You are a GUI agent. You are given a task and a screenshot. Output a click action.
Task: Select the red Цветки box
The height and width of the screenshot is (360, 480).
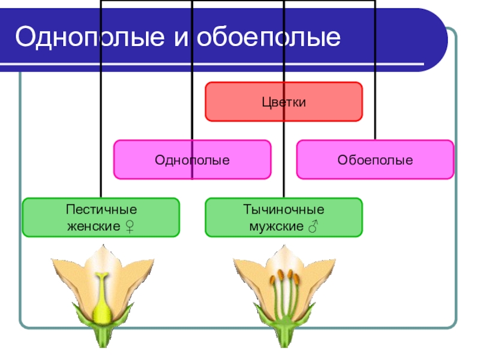[x=284, y=102]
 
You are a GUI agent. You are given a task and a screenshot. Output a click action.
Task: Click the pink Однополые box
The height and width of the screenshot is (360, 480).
[x=192, y=160]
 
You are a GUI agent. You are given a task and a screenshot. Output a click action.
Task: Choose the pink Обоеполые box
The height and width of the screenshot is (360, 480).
[x=375, y=160]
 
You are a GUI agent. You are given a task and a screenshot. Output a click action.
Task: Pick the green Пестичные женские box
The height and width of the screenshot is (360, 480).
[x=101, y=217]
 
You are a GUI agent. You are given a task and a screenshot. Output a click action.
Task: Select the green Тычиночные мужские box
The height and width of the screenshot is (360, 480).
[x=284, y=217]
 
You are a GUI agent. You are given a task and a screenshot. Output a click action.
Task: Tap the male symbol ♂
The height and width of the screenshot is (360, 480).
[x=313, y=227]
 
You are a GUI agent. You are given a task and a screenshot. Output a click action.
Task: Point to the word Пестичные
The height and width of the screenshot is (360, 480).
[x=101, y=210]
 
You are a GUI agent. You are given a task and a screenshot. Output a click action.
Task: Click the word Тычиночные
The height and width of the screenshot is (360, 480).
[x=284, y=210]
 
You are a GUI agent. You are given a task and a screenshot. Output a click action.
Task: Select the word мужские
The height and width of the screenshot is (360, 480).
[x=276, y=227]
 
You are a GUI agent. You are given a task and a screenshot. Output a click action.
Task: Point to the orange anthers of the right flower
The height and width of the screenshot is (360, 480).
[x=285, y=277]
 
